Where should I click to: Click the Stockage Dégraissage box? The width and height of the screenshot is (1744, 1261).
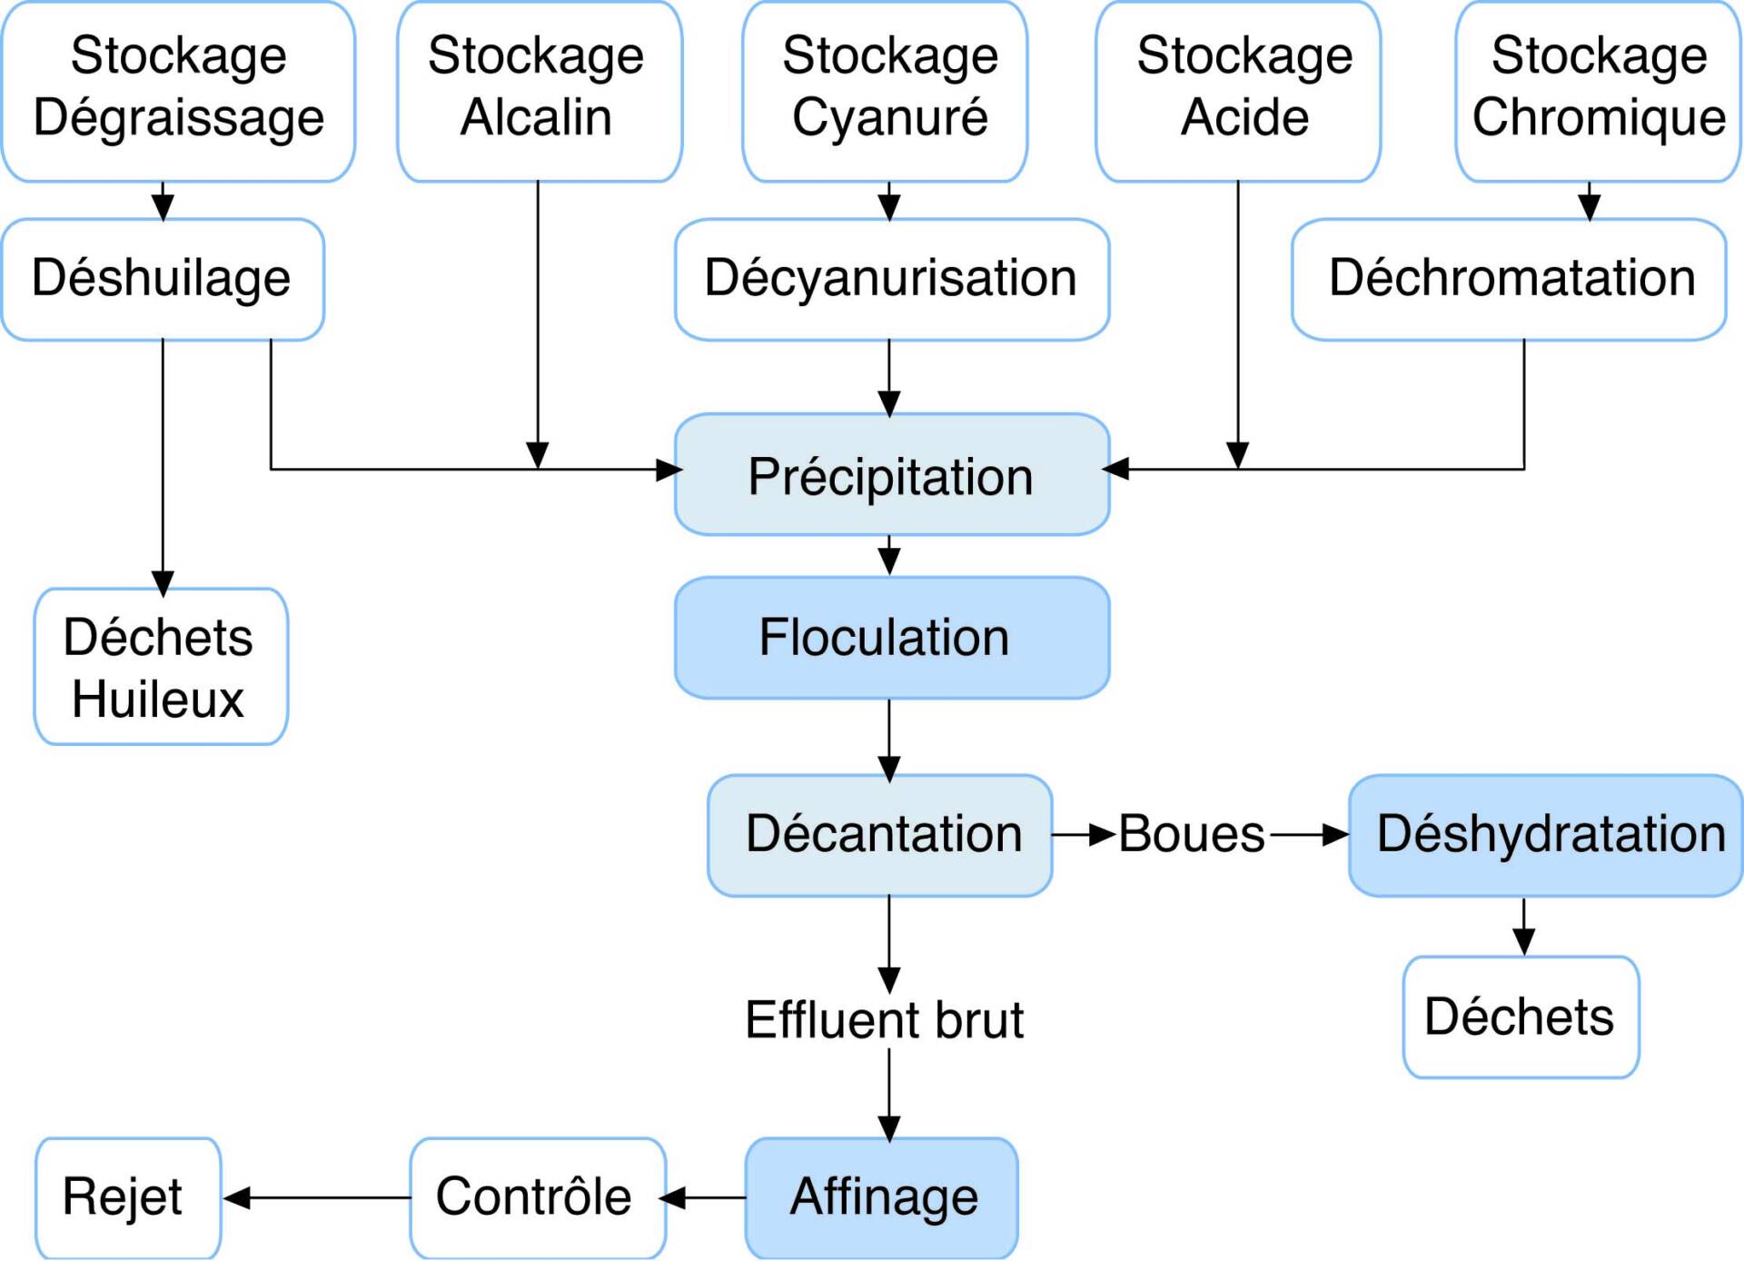(x=178, y=91)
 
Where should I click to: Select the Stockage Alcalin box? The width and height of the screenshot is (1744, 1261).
(x=540, y=91)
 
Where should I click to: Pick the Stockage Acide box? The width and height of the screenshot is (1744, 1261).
(x=1238, y=91)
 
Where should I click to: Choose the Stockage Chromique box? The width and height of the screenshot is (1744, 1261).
(x=1598, y=91)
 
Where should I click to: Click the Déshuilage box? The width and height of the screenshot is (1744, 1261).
(x=163, y=279)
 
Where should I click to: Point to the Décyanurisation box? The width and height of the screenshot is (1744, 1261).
(x=891, y=279)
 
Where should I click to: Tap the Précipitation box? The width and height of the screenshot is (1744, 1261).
(x=891, y=474)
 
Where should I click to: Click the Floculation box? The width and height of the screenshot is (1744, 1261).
(x=891, y=638)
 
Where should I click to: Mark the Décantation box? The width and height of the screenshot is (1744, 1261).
(x=879, y=835)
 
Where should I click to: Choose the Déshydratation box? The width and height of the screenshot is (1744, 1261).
(x=1545, y=835)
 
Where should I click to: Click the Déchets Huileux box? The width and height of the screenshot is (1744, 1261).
(x=161, y=667)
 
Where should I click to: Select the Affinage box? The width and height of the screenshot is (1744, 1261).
(x=881, y=1197)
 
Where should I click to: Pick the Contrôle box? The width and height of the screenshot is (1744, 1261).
(x=538, y=1197)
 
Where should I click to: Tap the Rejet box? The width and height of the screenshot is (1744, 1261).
(x=128, y=1197)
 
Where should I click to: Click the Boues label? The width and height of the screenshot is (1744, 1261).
(x=1191, y=834)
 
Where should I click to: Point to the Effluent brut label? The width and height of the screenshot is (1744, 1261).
(x=884, y=1019)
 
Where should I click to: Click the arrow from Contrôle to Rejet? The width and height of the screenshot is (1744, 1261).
(x=317, y=1198)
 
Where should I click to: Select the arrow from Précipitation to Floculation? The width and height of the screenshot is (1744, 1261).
(x=889, y=555)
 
